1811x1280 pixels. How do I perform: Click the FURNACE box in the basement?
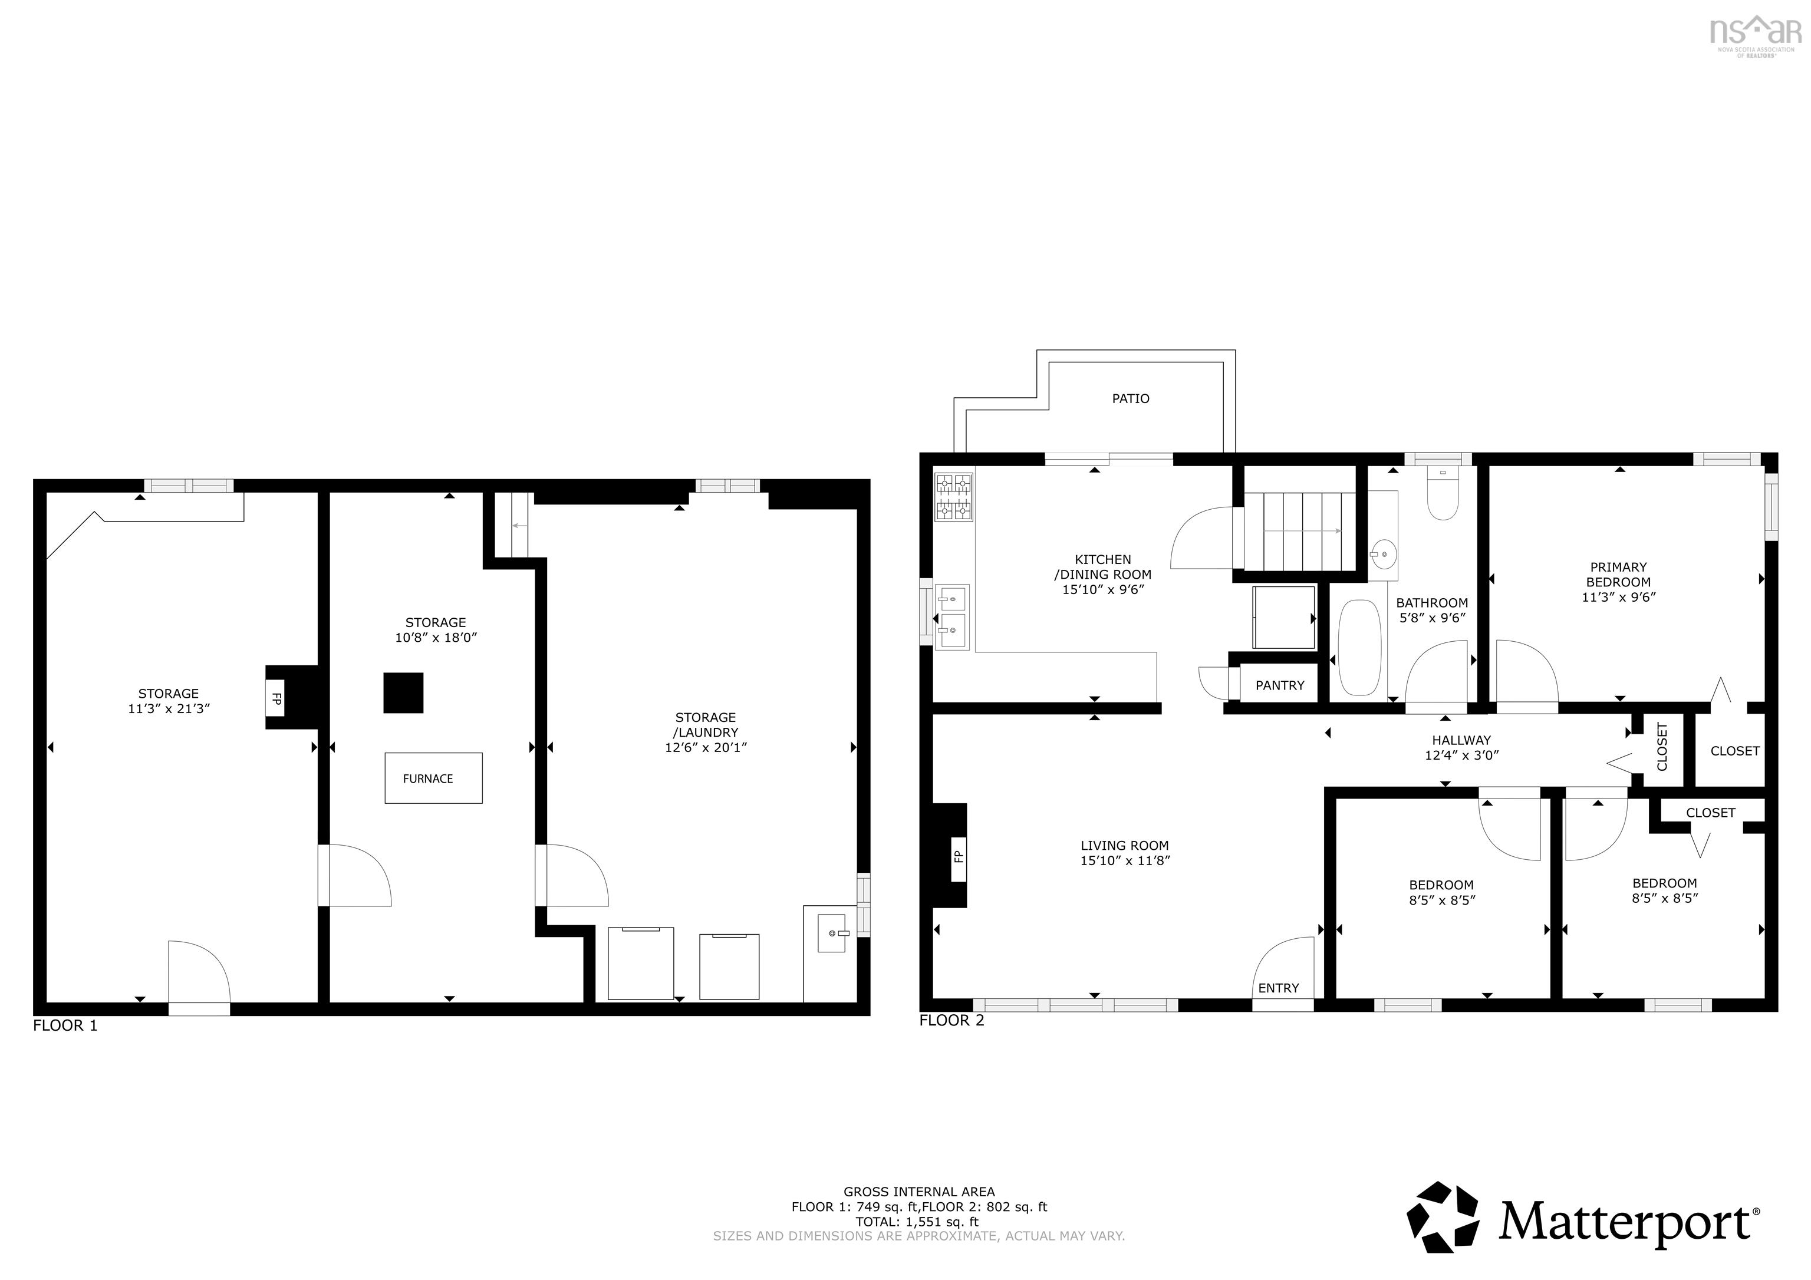433,778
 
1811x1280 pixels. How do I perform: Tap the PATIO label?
1130,399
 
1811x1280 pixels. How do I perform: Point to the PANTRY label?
1279,685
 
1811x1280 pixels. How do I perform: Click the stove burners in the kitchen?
953,497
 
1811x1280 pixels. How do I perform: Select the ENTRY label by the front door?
1278,988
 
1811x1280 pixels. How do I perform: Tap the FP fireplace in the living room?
957,856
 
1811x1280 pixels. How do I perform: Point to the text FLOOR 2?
951,1021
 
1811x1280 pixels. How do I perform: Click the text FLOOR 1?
65,1025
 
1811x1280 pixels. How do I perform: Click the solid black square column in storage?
403,693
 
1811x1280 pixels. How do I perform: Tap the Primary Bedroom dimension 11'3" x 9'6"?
1618,597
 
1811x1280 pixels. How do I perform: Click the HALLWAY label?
1461,740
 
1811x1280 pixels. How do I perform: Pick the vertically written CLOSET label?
1662,747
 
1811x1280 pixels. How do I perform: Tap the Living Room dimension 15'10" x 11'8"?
1124,860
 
